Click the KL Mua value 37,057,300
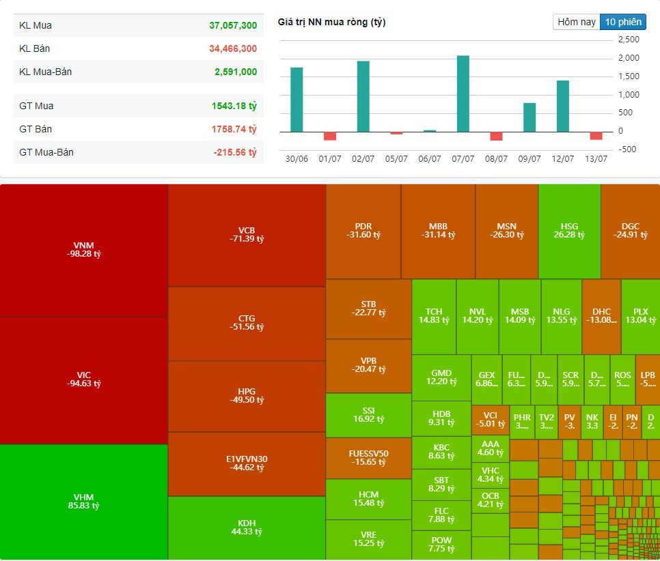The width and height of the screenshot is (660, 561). (233, 25)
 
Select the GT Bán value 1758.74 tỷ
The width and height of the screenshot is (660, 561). (234, 129)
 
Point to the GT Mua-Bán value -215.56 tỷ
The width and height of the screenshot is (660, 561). (235, 152)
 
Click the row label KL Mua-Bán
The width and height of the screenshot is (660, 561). (46, 72)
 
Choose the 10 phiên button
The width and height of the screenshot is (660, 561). (622, 22)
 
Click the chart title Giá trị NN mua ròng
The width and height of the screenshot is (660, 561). (331, 23)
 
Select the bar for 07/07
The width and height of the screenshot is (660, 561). (463, 93)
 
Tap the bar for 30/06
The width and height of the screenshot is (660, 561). (297, 100)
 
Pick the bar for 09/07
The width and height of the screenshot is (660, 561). (530, 117)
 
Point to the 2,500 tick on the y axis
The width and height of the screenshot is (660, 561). (629, 40)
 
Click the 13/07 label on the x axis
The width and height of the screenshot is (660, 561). (596, 158)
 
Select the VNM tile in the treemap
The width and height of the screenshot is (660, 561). (83, 249)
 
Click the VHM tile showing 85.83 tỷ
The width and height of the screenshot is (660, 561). (83, 501)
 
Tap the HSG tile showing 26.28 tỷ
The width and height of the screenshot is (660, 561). (569, 231)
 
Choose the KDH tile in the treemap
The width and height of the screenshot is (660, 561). (246, 528)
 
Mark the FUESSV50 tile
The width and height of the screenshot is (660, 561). (369, 457)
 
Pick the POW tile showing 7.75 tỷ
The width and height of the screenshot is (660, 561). (441, 544)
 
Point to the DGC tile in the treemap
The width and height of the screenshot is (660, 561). (631, 231)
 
